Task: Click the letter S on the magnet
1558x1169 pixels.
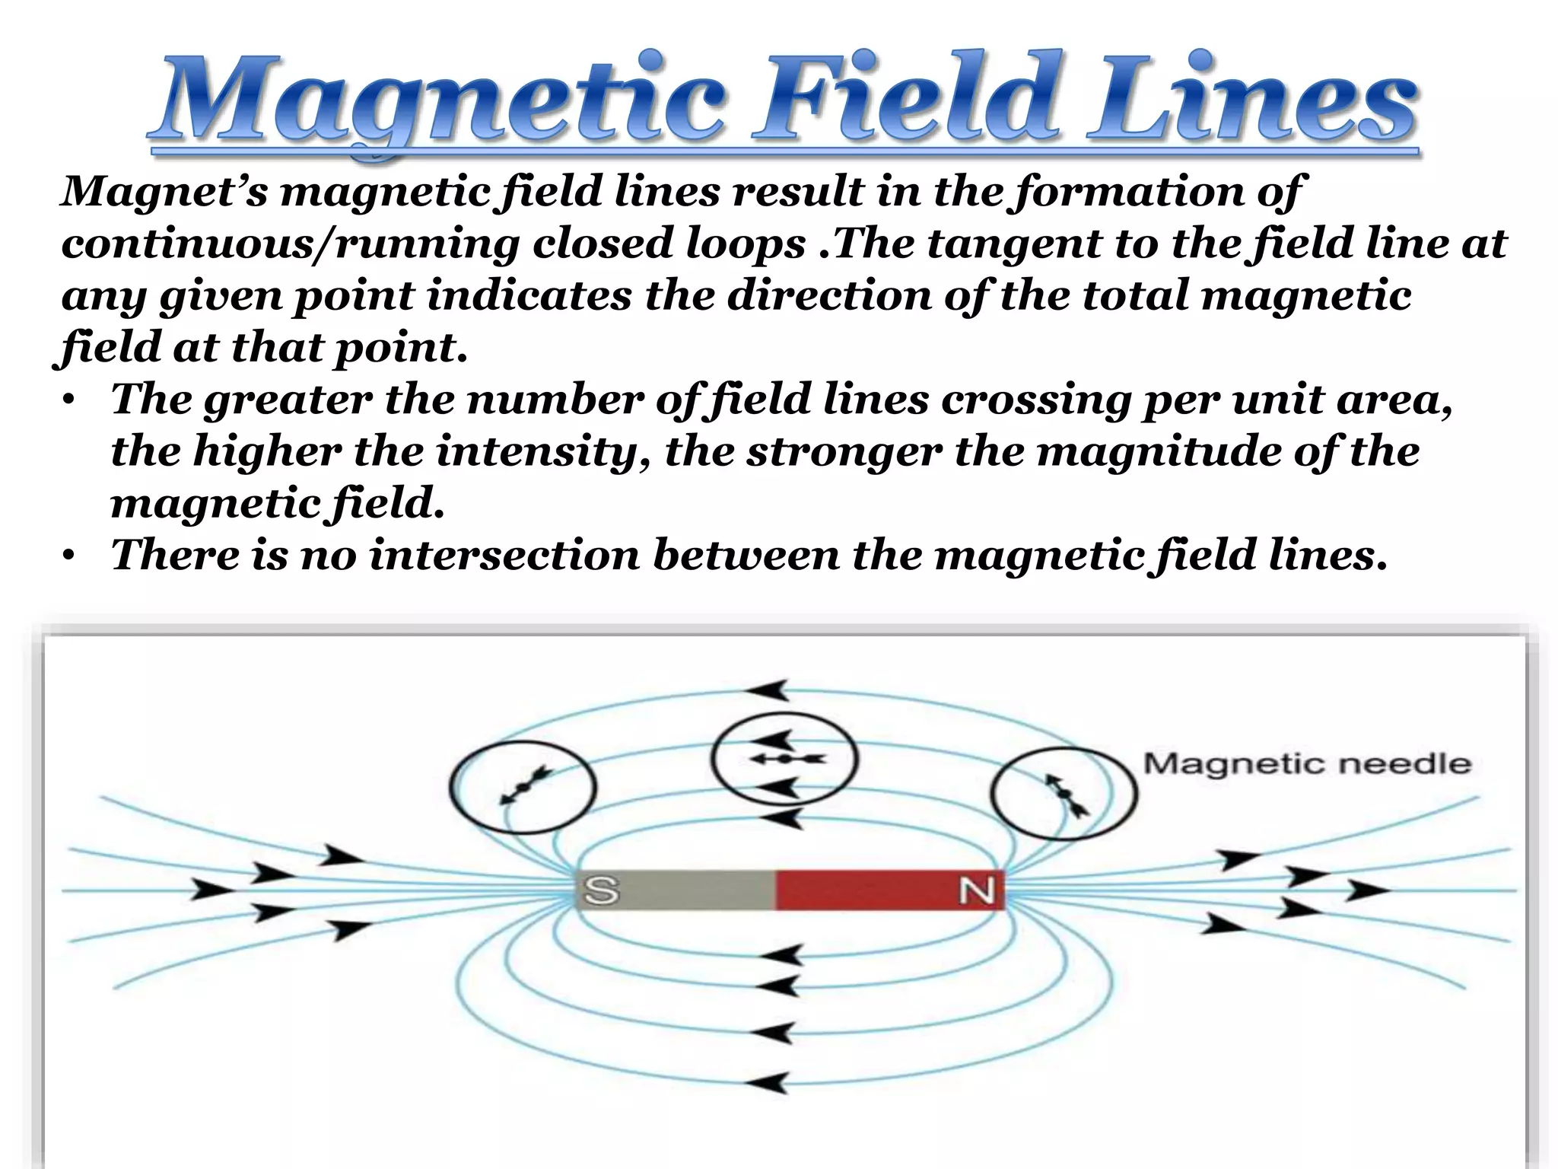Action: [601, 890]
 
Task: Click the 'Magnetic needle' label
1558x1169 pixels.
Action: [1307, 763]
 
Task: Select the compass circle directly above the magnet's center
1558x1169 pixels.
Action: [784, 759]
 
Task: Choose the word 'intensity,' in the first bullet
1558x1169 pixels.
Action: [544, 452]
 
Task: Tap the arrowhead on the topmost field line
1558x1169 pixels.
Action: [768, 690]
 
